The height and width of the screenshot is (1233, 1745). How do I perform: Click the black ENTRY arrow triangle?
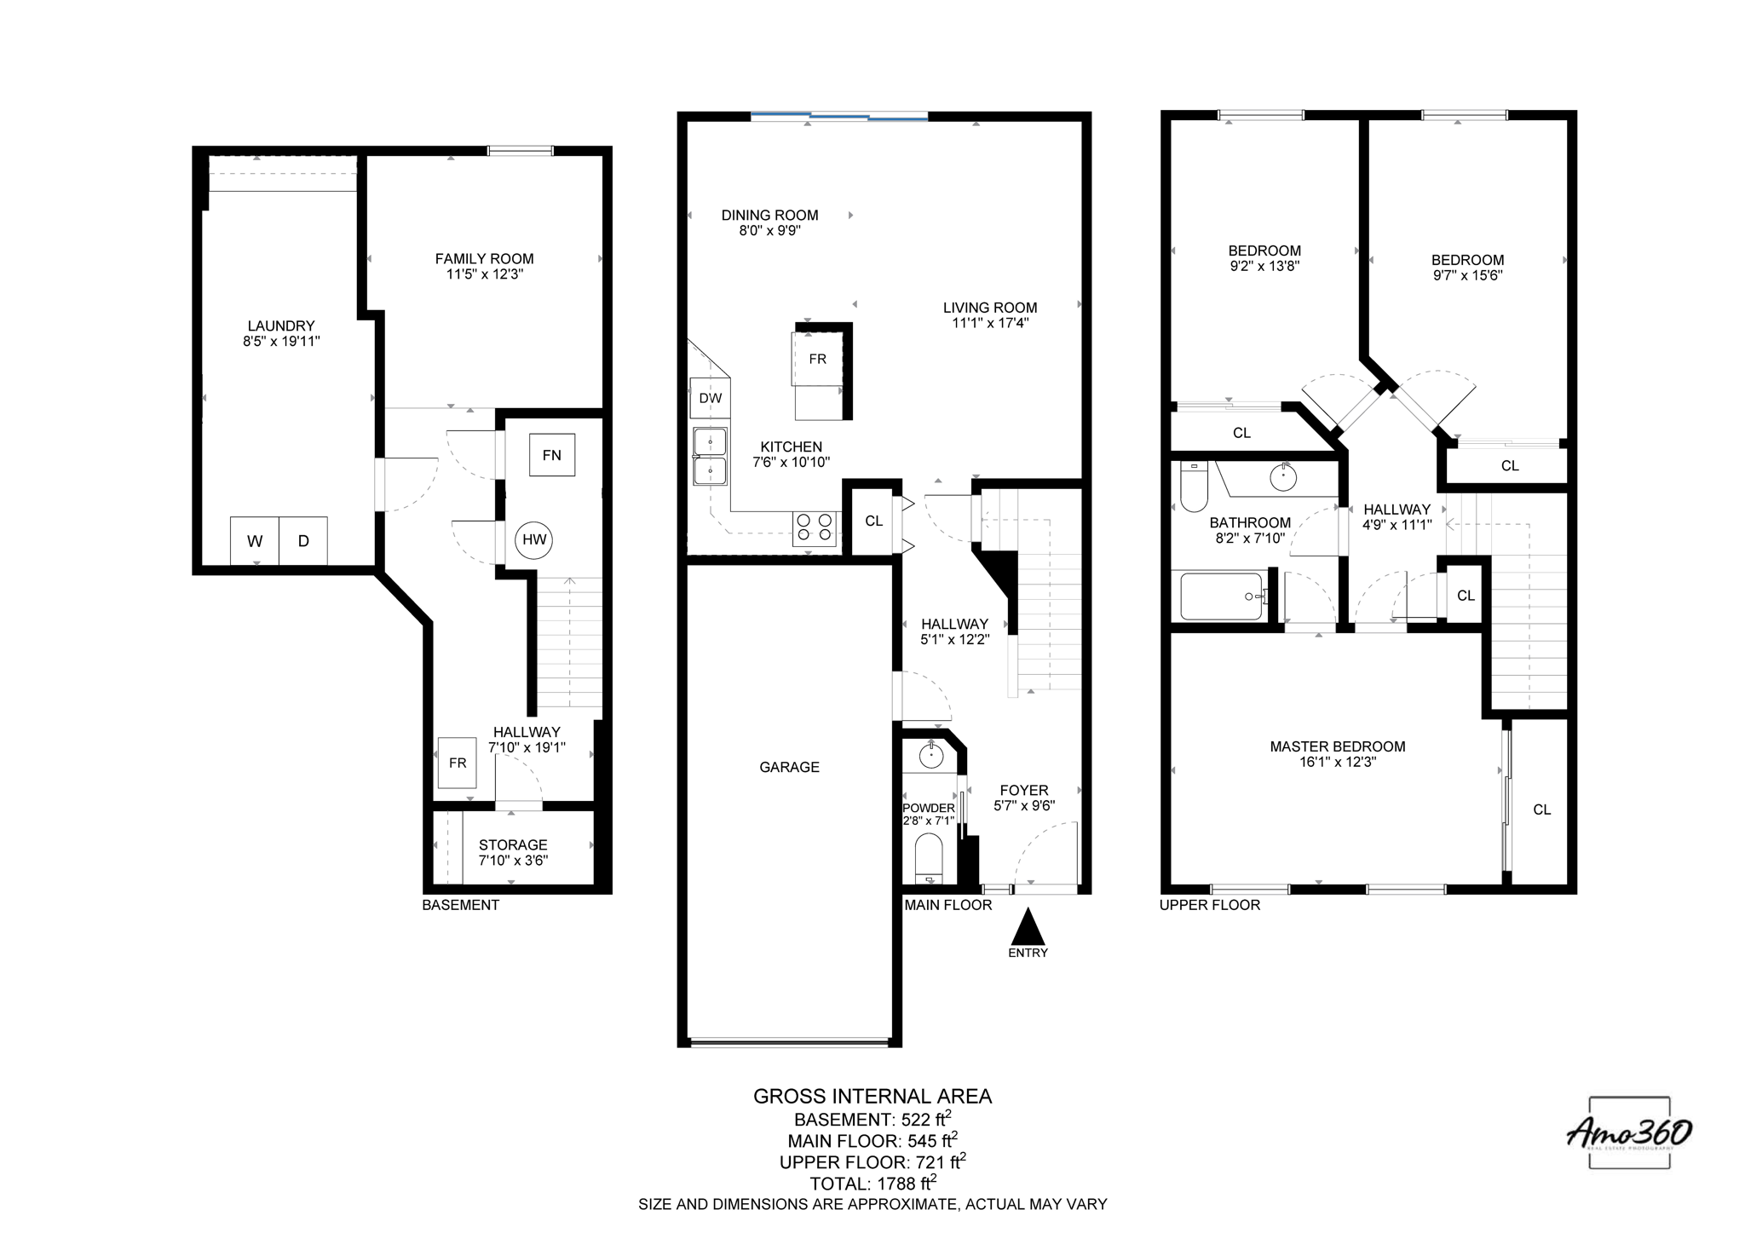pos(1028,927)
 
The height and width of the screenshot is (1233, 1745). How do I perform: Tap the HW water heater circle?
pos(534,539)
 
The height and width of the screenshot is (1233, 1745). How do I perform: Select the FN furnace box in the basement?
pos(551,455)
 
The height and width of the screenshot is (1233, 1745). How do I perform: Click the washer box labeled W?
pos(254,541)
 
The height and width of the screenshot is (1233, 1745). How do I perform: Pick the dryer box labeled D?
pos(303,541)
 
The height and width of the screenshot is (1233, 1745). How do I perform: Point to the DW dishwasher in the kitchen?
pos(710,398)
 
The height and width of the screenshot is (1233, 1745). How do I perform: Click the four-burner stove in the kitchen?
pos(815,527)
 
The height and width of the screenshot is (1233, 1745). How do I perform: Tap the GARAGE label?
pos(789,767)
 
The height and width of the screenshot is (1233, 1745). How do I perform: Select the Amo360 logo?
pos(1629,1133)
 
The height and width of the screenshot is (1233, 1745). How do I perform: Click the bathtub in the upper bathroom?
pos(1221,596)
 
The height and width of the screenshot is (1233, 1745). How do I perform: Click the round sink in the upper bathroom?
pos(1283,477)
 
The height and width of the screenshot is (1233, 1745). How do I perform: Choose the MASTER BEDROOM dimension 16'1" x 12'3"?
pos(1337,762)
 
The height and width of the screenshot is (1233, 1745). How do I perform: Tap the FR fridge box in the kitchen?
pos(817,359)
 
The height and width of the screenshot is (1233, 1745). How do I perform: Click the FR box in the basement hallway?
pos(458,763)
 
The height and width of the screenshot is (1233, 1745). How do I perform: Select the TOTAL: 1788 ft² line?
pos(872,1184)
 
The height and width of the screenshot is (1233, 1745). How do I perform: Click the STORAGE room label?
pos(513,844)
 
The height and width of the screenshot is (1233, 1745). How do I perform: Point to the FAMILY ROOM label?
pos(484,258)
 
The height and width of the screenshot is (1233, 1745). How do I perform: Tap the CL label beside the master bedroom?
pos(1541,810)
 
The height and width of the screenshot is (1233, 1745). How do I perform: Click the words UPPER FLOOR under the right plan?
pos(1209,905)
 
